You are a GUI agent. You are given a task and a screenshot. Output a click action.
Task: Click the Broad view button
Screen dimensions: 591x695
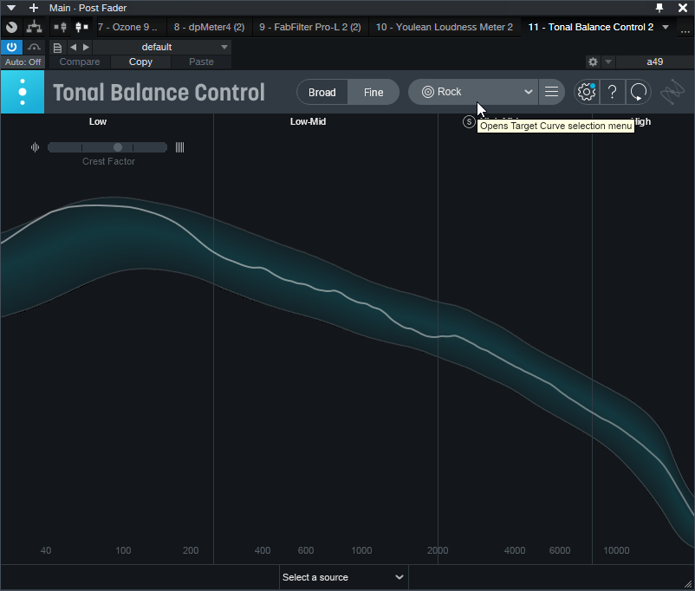click(x=322, y=93)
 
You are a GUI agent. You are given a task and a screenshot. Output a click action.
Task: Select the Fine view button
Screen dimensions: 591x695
click(x=373, y=93)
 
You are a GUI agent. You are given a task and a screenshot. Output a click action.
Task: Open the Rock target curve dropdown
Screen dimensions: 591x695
click(x=473, y=92)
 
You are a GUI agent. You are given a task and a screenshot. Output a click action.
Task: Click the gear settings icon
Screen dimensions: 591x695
click(x=587, y=92)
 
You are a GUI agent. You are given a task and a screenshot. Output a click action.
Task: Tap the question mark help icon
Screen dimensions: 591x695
click(x=612, y=92)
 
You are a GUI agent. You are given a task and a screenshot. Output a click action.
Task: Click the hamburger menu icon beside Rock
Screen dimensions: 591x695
click(x=551, y=92)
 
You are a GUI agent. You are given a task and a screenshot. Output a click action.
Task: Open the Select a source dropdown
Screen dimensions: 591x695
click(x=343, y=577)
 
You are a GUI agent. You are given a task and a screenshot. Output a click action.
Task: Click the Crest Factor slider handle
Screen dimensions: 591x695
click(x=118, y=147)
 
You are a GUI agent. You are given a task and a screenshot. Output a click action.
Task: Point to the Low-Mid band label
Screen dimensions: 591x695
click(x=308, y=122)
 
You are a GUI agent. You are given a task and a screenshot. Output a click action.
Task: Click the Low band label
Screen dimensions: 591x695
click(x=98, y=122)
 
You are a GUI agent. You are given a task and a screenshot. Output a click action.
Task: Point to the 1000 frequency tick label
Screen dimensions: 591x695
click(x=361, y=551)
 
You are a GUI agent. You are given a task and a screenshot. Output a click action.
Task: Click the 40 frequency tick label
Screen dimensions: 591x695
click(x=46, y=551)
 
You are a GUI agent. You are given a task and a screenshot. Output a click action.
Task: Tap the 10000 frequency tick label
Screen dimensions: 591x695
click(x=616, y=551)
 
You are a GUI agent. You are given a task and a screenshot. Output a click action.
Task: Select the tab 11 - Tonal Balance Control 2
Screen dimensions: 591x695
click(x=590, y=27)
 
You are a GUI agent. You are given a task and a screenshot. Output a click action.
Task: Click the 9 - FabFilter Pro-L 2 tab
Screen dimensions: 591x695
click(x=309, y=27)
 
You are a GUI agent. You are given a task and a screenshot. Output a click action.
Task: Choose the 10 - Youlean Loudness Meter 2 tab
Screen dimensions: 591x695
click(x=444, y=27)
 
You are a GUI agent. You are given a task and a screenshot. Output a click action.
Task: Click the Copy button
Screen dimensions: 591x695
click(x=140, y=62)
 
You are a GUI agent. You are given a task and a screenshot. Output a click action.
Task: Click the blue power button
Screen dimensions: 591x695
click(x=11, y=47)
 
